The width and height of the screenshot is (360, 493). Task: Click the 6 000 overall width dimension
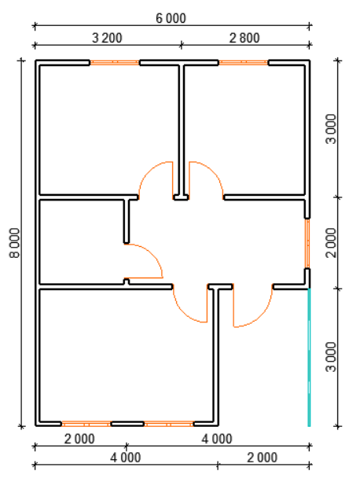point(171,18)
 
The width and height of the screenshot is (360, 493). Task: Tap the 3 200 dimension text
point(107,38)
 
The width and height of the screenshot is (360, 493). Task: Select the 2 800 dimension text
point(244,38)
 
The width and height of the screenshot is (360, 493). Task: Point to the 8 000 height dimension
point(14,243)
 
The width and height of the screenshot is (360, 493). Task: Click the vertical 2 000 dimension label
point(331,243)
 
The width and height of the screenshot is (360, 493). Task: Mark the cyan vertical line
point(309,357)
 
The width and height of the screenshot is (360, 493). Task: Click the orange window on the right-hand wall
point(307,244)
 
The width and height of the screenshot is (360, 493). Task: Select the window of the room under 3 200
point(115,63)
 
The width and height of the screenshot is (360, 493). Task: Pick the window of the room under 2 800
point(244,63)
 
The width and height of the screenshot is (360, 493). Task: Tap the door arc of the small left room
point(153,255)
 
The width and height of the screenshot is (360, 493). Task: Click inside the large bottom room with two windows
point(126,355)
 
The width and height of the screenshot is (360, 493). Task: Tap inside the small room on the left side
point(82,242)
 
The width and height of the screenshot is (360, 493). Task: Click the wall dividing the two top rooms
point(182,131)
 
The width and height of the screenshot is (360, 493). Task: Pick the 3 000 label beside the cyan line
point(331,357)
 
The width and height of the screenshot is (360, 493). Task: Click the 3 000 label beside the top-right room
point(331,129)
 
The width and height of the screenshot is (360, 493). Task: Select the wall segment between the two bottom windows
point(127,424)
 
